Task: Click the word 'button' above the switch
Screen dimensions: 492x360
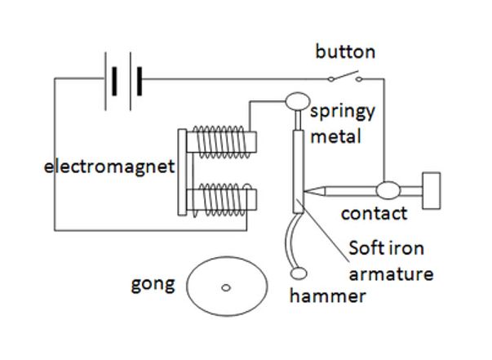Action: point(345,51)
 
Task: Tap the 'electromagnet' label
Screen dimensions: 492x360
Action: point(109,167)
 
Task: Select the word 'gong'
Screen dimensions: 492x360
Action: point(153,284)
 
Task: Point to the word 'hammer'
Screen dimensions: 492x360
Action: point(327,296)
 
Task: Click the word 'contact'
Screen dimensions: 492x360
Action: point(374,214)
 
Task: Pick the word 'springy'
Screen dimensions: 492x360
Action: point(343,111)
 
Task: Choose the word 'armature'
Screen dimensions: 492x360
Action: point(392,274)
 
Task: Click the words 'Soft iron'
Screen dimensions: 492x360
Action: point(386,248)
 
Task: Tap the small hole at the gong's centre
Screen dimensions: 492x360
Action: point(226,287)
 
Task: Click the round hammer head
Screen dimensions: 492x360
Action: point(299,273)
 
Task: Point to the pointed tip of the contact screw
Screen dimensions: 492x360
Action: point(304,191)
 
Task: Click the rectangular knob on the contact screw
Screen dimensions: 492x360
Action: point(432,190)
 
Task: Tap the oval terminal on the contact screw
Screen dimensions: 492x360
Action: point(388,190)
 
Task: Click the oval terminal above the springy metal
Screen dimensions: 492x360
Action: point(298,101)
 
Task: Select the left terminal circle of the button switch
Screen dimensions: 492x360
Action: point(330,79)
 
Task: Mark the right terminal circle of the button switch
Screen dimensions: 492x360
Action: point(359,79)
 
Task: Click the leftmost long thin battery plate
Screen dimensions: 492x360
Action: point(105,82)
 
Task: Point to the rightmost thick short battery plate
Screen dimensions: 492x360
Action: point(140,82)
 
